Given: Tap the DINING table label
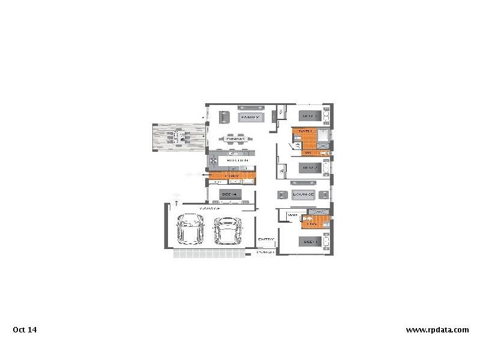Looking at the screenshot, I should click(236, 139).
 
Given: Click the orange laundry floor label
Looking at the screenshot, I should click(232, 175).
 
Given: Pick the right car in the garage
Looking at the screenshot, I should click(227, 230).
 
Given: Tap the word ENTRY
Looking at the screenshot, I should click(266, 239).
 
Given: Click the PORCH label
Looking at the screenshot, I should click(265, 252).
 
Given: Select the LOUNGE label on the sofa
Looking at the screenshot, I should click(304, 194).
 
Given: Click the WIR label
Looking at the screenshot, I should click(293, 215).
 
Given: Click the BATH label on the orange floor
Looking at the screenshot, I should click(306, 131).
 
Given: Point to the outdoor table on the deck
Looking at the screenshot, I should click(179, 137).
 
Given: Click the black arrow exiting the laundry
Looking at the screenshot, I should click(206, 175).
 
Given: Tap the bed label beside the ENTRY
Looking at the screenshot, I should click(310, 242).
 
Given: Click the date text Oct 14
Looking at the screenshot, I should click(25, 329).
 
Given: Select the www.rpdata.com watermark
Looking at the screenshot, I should click(437, 329).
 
